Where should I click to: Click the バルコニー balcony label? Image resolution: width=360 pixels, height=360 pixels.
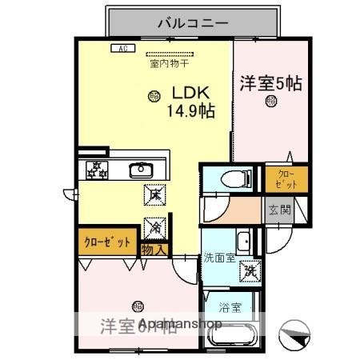193,22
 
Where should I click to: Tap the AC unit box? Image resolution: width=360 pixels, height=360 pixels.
122,48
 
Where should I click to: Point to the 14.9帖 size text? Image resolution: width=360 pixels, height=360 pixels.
190,111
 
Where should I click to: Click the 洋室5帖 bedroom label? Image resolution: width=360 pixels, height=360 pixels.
270,82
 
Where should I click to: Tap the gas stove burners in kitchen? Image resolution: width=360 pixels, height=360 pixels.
97,169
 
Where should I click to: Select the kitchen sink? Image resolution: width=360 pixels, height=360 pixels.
142,169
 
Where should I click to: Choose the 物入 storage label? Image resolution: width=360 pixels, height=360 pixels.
154,250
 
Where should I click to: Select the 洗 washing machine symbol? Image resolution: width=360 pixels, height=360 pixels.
250,272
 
